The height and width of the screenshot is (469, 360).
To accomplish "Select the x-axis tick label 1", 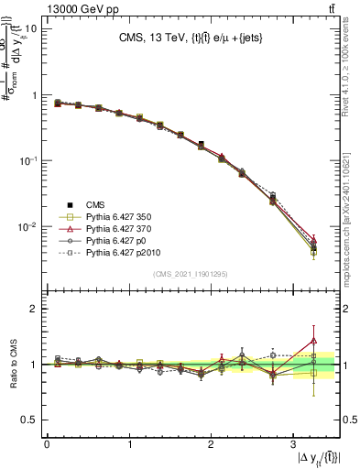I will point(128,444).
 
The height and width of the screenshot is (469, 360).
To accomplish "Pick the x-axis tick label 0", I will point(47,444).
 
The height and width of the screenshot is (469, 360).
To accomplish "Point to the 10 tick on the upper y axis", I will point(30,28).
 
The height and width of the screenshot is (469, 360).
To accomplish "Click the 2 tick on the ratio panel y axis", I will point(33,309).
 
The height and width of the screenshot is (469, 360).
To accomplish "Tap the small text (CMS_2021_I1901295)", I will point(190,274).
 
